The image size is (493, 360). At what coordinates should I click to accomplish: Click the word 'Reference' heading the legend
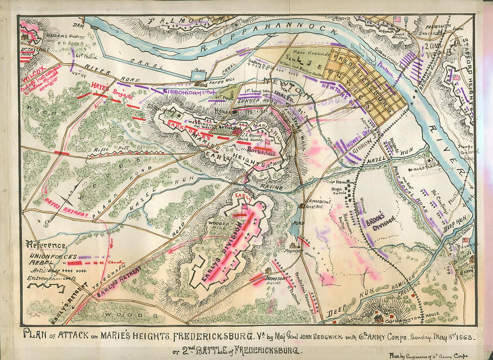[x=46, y=245]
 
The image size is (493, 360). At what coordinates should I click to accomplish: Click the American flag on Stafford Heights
[x=456, y=77]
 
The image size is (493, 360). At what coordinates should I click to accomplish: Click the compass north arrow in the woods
[x=67, y=200]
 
